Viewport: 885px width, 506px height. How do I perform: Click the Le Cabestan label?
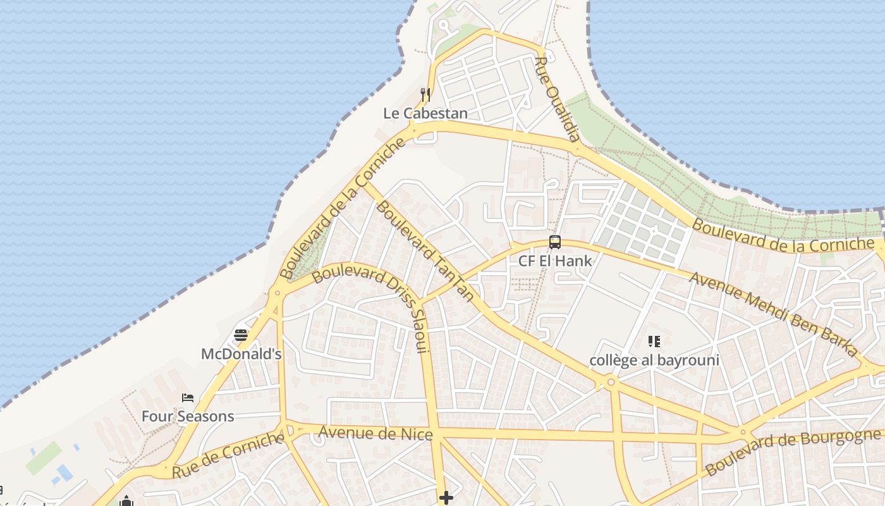425,113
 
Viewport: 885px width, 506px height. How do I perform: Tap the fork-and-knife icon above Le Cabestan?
425,95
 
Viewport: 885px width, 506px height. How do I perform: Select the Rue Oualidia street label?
557,99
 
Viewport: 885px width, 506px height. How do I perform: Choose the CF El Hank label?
555,261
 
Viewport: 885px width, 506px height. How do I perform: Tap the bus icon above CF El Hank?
555,242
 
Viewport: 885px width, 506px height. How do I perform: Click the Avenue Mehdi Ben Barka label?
774,314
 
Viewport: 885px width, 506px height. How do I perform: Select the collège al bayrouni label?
654,361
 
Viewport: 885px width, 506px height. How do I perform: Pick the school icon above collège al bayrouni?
654,342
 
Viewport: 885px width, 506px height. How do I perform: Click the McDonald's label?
241,354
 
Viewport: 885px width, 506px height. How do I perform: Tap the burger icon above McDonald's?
241,335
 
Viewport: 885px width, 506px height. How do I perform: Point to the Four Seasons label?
188,416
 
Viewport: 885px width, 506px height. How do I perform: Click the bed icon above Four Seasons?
188,397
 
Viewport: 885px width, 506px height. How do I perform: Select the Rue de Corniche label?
228,455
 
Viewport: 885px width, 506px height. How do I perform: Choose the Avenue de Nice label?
375,433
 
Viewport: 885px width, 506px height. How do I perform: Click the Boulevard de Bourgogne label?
793,452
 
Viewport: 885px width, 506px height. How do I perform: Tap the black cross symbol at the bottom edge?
446,498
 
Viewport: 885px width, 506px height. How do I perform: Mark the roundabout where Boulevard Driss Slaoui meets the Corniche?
277,292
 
